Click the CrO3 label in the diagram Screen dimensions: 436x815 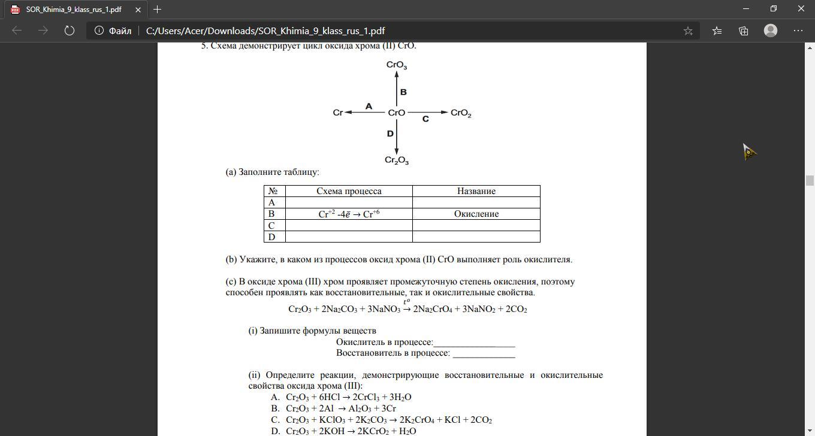click(x=396, y=65)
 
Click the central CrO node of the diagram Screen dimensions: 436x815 click(x=396, y=113)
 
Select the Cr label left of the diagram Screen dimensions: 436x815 click(x=337, y=113)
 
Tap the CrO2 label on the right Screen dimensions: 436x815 click(x=461, y=113)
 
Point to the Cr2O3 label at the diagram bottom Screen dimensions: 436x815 click(x=396, y=161)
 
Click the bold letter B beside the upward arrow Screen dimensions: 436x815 click(x=403, y=92)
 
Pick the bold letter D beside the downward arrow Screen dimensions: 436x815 click(x=390, y=134)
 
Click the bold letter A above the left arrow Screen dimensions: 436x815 click(x=369, y=106)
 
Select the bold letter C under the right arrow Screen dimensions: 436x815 click(x=425, y=119)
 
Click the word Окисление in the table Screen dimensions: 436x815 click(x=476, y=214)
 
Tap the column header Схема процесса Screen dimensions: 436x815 click(x=349, y=191)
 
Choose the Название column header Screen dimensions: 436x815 click(x=476, y=191)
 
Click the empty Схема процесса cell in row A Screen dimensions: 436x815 click(x=349, y=202)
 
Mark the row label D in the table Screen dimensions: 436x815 click(x=271, y=237)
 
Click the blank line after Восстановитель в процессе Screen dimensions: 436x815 click(x=484, y=353)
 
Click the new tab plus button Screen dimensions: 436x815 click(x=157, y=9)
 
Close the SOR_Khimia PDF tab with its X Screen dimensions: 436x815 click(x=138, y=10)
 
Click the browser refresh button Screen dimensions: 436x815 click(x=70, y=31)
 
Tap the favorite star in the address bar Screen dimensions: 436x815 click(x=688, y=31)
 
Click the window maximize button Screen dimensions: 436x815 click(x=774, y=8)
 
